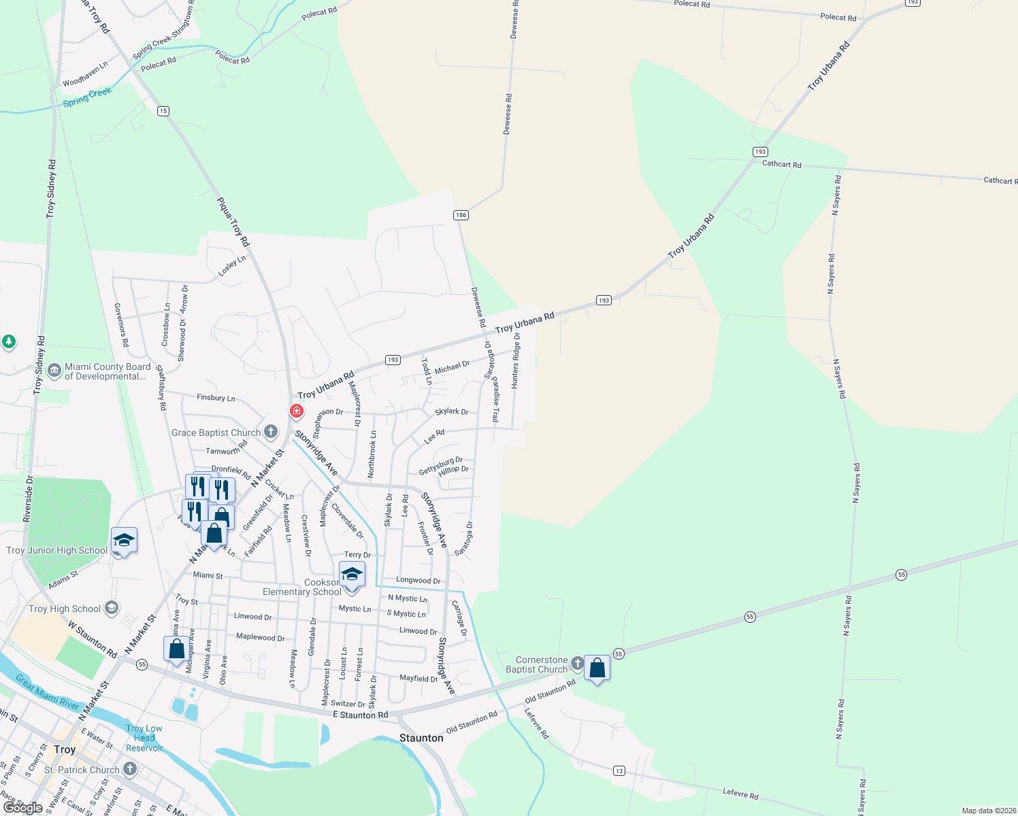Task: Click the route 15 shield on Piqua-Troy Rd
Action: click(x=163, y=111)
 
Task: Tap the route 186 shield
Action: click(x=461, y=215)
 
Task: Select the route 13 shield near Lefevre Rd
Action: click(x=619, y=770)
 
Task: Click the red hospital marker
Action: click(x=297, y=411)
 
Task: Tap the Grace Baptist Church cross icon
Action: click(x=271, y=432)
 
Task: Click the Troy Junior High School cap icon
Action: click(x=124, y=541)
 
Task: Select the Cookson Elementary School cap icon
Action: click(x=352, y=575)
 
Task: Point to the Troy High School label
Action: click(x=65, y=609)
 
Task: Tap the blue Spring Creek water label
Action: click(x=86, y=97)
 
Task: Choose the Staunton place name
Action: click(x=421, y=738)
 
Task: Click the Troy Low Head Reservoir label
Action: click(x=144, y=738)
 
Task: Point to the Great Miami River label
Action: click(x=48, y=692)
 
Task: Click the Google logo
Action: click(x=22, y=808)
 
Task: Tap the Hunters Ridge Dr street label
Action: click(x=516, y=361)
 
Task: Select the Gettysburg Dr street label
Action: click(x=440, y=466)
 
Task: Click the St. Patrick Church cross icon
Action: click(x=129, y=769)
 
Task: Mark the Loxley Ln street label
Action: click(x=231, y=266)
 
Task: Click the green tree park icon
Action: click(x=8, y=342)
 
